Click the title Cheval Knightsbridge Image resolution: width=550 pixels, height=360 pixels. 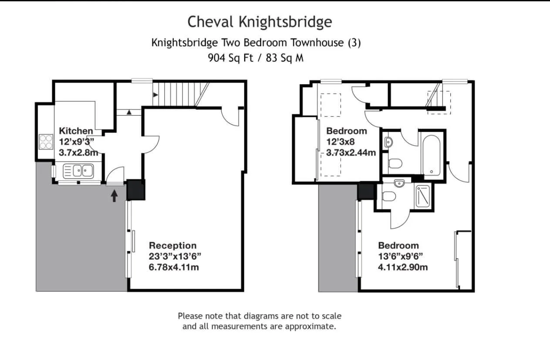pos(260,22)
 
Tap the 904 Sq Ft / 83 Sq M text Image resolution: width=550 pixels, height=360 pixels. pos(256,58)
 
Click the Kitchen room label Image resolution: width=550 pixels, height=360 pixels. pos(76,131)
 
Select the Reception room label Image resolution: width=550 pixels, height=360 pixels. pos(172,245)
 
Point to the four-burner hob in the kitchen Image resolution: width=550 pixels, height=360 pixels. pos(46,142)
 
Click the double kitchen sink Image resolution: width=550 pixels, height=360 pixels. pos(78,171)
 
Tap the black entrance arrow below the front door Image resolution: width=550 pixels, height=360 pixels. pos(114,196)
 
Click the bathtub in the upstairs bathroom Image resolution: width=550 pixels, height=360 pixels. pos(431,155)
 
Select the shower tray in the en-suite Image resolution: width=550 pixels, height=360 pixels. pos(422,196)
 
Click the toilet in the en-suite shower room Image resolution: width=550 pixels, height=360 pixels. pos(389,196)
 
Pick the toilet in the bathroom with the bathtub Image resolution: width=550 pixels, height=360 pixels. pos(395,164)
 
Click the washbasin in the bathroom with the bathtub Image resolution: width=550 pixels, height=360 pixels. pos(388,142)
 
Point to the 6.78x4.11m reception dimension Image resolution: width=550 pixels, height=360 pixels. pos(174,267)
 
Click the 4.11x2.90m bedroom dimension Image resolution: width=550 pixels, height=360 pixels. pos(403,267)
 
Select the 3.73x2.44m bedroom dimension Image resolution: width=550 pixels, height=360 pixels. pos(351,153)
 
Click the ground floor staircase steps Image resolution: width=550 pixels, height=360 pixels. pos(180,95)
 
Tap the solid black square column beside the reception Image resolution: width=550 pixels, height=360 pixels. pos(136,190)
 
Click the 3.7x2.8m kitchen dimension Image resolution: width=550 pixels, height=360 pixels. pos(78,153)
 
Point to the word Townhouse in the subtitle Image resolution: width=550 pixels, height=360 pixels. pos(317,43)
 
